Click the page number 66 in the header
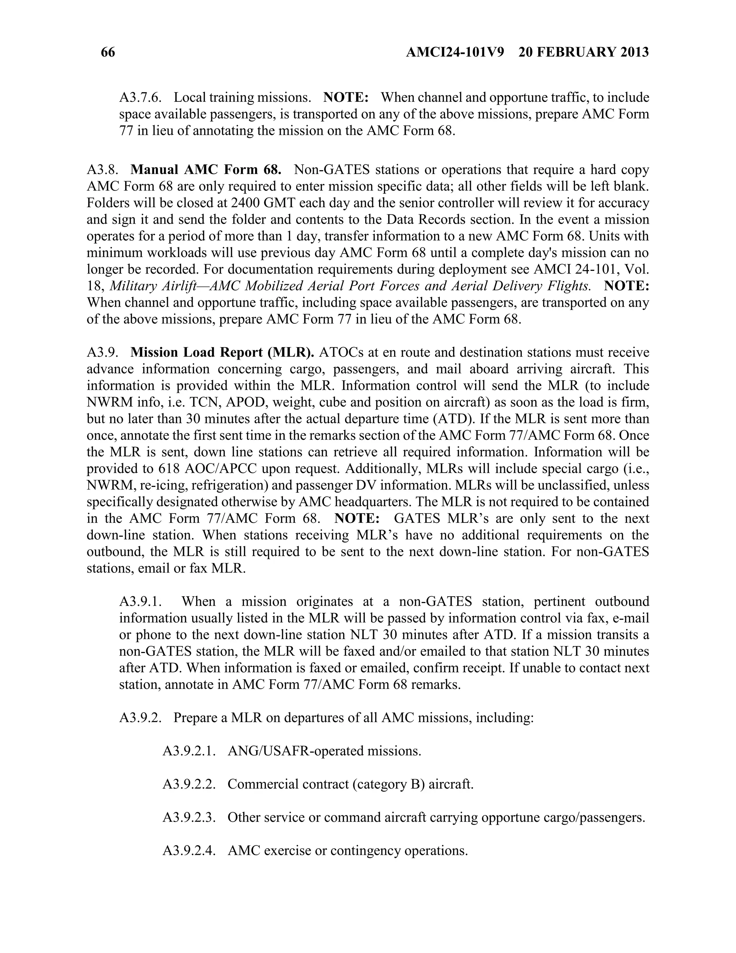[108, 53]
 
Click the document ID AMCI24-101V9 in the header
[455, 53]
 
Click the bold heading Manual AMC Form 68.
[206, 170]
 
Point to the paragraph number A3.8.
[102, 170]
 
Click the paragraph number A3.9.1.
[141, 602]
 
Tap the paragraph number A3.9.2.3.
[189, 817]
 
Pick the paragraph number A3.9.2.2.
[189, 784]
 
